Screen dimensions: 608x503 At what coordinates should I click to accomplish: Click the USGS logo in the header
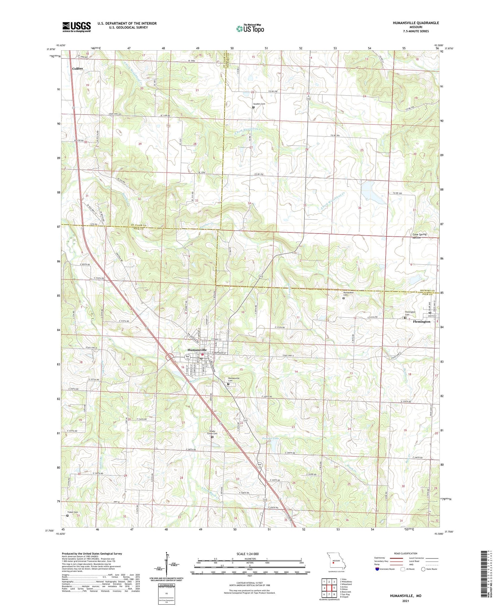pyautogui.click(x=76, y=27)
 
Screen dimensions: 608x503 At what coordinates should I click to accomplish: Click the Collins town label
pyautogui.click(x=77, y=68)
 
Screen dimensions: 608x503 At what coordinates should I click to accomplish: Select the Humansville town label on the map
pyautogui.click(x=197, y=350)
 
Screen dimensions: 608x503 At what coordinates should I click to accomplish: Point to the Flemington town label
pyautogui.click(x=422, y=322)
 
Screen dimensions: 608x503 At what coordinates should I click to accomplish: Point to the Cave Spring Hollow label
pyautogui.click(x=419, y=236)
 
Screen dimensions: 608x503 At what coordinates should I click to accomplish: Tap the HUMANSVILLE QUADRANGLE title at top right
pyautogui.click(x=416, y=23)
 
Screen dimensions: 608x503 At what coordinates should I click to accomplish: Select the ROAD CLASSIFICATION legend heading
pyautogui.click(x=406, y=553)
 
